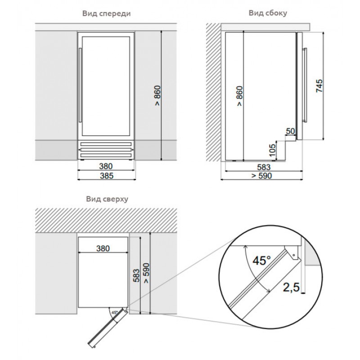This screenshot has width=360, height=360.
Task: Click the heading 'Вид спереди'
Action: coord(106,14)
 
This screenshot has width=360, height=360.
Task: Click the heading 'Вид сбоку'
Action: coord(268,13)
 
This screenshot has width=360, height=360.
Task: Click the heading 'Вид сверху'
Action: coord(107,199)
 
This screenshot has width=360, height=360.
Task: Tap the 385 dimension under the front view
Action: coord(107,176)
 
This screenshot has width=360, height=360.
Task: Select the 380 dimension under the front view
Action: coord(106,166)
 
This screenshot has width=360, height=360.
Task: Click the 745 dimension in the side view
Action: coord(319,86)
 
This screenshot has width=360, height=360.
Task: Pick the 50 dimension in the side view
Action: coord(290,131)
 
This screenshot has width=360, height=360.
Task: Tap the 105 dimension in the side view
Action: coord(272,150)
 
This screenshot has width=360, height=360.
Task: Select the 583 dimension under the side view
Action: coord(264,167)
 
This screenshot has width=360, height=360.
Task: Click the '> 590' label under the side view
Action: coord(262,176)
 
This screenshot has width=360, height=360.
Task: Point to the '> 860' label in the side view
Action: coord(239,96)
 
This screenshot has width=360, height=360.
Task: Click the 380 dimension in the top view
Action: coord(103,248)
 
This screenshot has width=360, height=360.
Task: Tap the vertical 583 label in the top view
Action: coord(136,275)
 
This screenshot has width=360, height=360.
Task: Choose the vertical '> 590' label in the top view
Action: coord(146,273)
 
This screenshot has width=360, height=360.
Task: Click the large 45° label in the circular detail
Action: coord(261,260)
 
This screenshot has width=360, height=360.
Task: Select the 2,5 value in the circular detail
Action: coord(291,287)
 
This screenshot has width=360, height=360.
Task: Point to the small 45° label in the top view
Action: coord(115,312)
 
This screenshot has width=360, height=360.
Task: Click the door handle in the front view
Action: coord(80,85)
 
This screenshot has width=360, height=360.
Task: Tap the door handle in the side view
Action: coord(305,85)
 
